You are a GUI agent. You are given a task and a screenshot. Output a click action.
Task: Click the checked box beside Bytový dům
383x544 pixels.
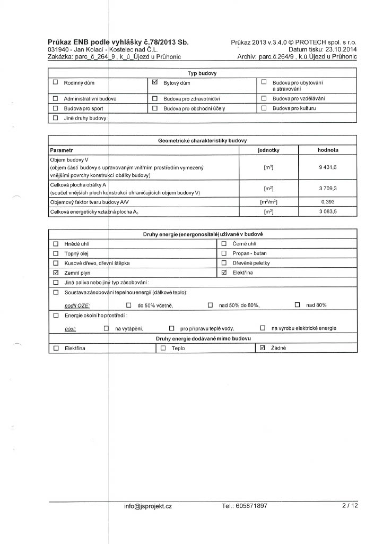coord(155,83)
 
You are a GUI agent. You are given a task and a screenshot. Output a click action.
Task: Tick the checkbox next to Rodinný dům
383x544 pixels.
coord(55,83)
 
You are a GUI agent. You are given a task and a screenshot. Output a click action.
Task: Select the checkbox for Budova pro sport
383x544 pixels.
coord(55,108)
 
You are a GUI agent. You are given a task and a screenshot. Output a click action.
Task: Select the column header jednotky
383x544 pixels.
coord(268,150)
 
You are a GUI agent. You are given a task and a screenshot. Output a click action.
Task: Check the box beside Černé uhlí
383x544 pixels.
coord(223,244)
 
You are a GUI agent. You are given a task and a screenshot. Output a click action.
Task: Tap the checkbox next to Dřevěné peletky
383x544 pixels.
coord(223,263)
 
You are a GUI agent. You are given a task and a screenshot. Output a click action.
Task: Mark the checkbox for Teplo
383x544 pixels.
coord(163,348)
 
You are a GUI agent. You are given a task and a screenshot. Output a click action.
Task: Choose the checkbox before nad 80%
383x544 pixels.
coord(297,305)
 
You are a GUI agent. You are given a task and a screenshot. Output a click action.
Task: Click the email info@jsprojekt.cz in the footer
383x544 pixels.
coord(148,506)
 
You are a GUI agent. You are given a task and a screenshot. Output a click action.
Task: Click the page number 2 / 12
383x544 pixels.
coord(350,506)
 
